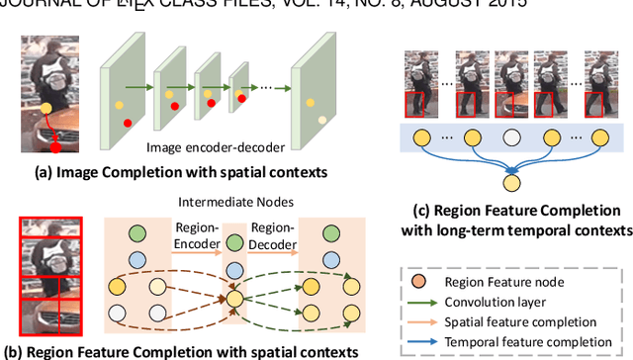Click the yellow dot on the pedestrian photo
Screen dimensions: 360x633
click(46, 109)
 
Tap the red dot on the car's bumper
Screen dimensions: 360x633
click(55, 147)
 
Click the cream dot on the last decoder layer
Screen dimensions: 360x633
click(321, 120)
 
